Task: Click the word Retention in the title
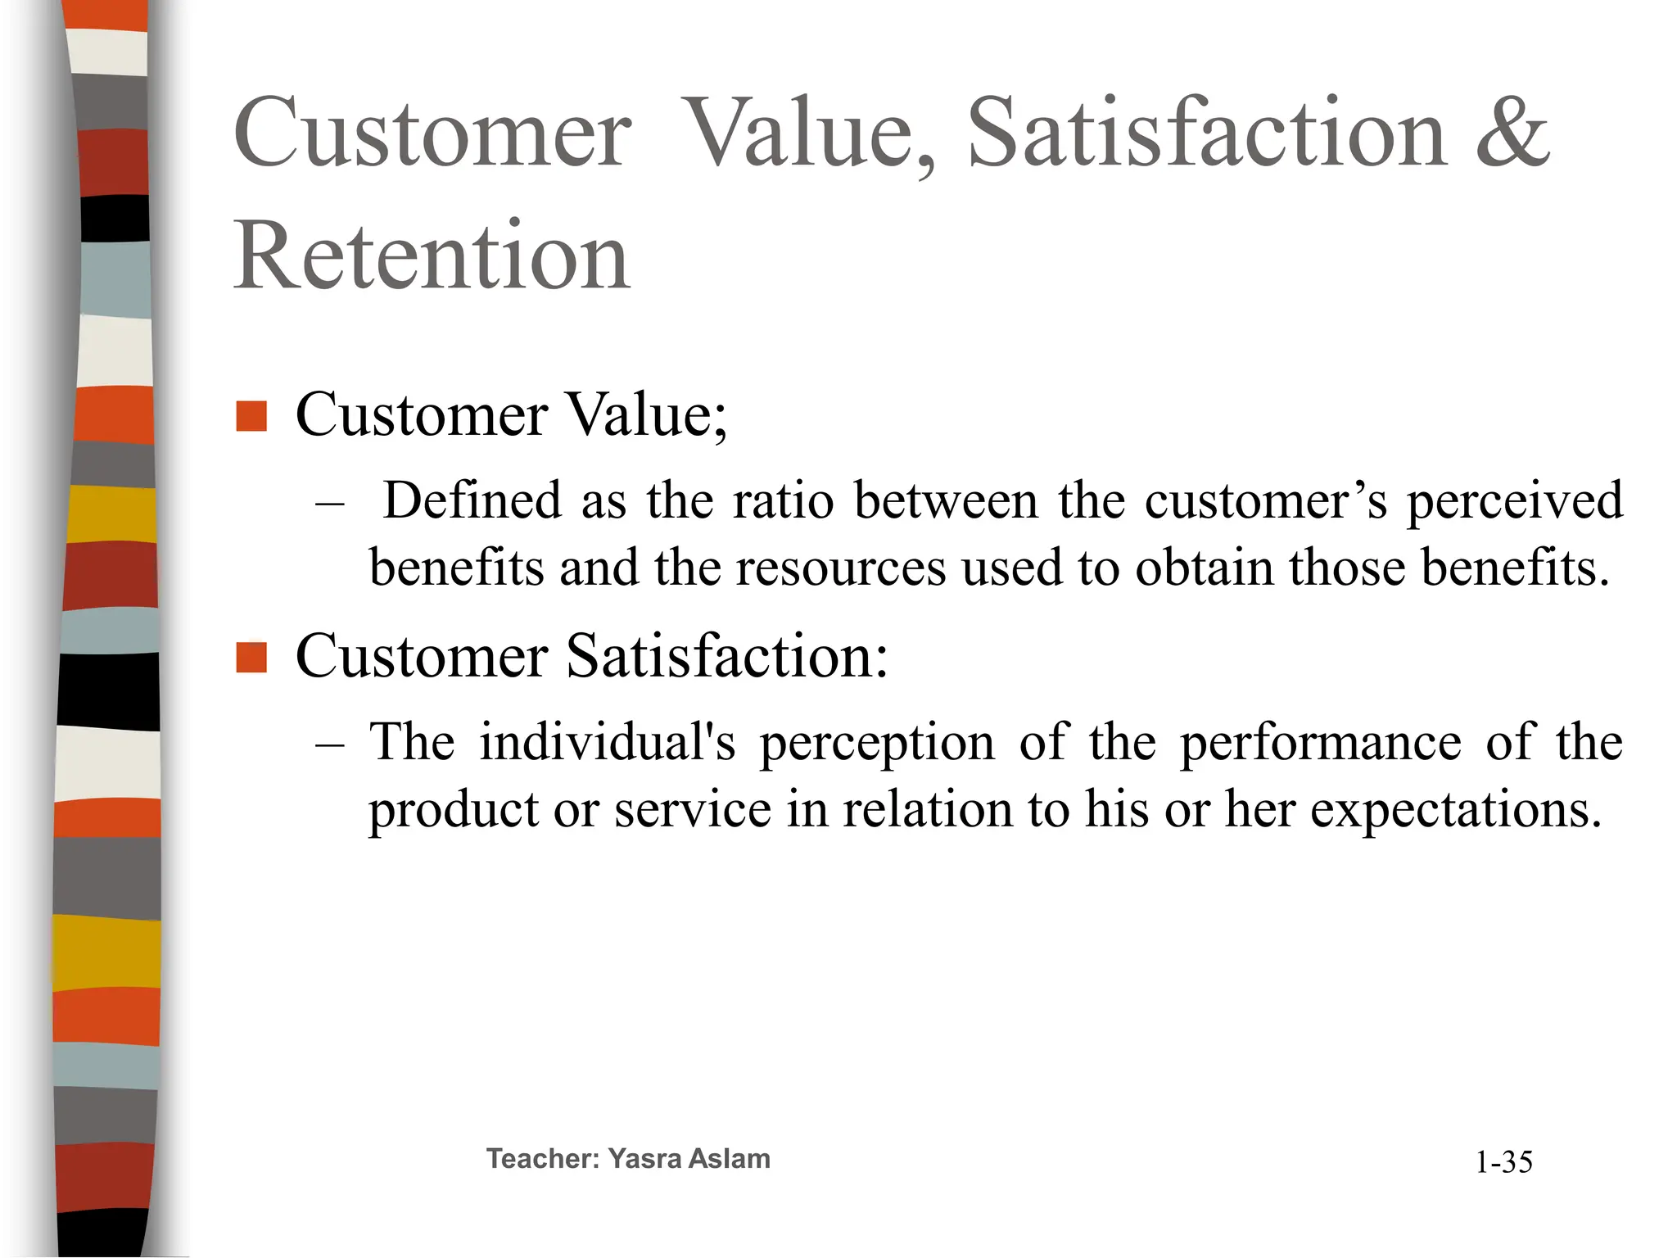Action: pyautogui.click(x=432, y=256)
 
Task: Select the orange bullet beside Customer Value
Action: pyautogui.click(x=251, y=416)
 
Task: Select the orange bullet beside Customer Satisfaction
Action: pyautogui.click(x=251, y=658)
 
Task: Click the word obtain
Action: pyautogui.click(x=1204, y=567)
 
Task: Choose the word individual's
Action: pyautogui.click(x=607, y=742)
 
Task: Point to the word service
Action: pyautogui.click(x=693, y=809)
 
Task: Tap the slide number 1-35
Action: pyautogui.click(x=1503, y=1162)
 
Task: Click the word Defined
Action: pyautogui.click(x=472, y=500)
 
